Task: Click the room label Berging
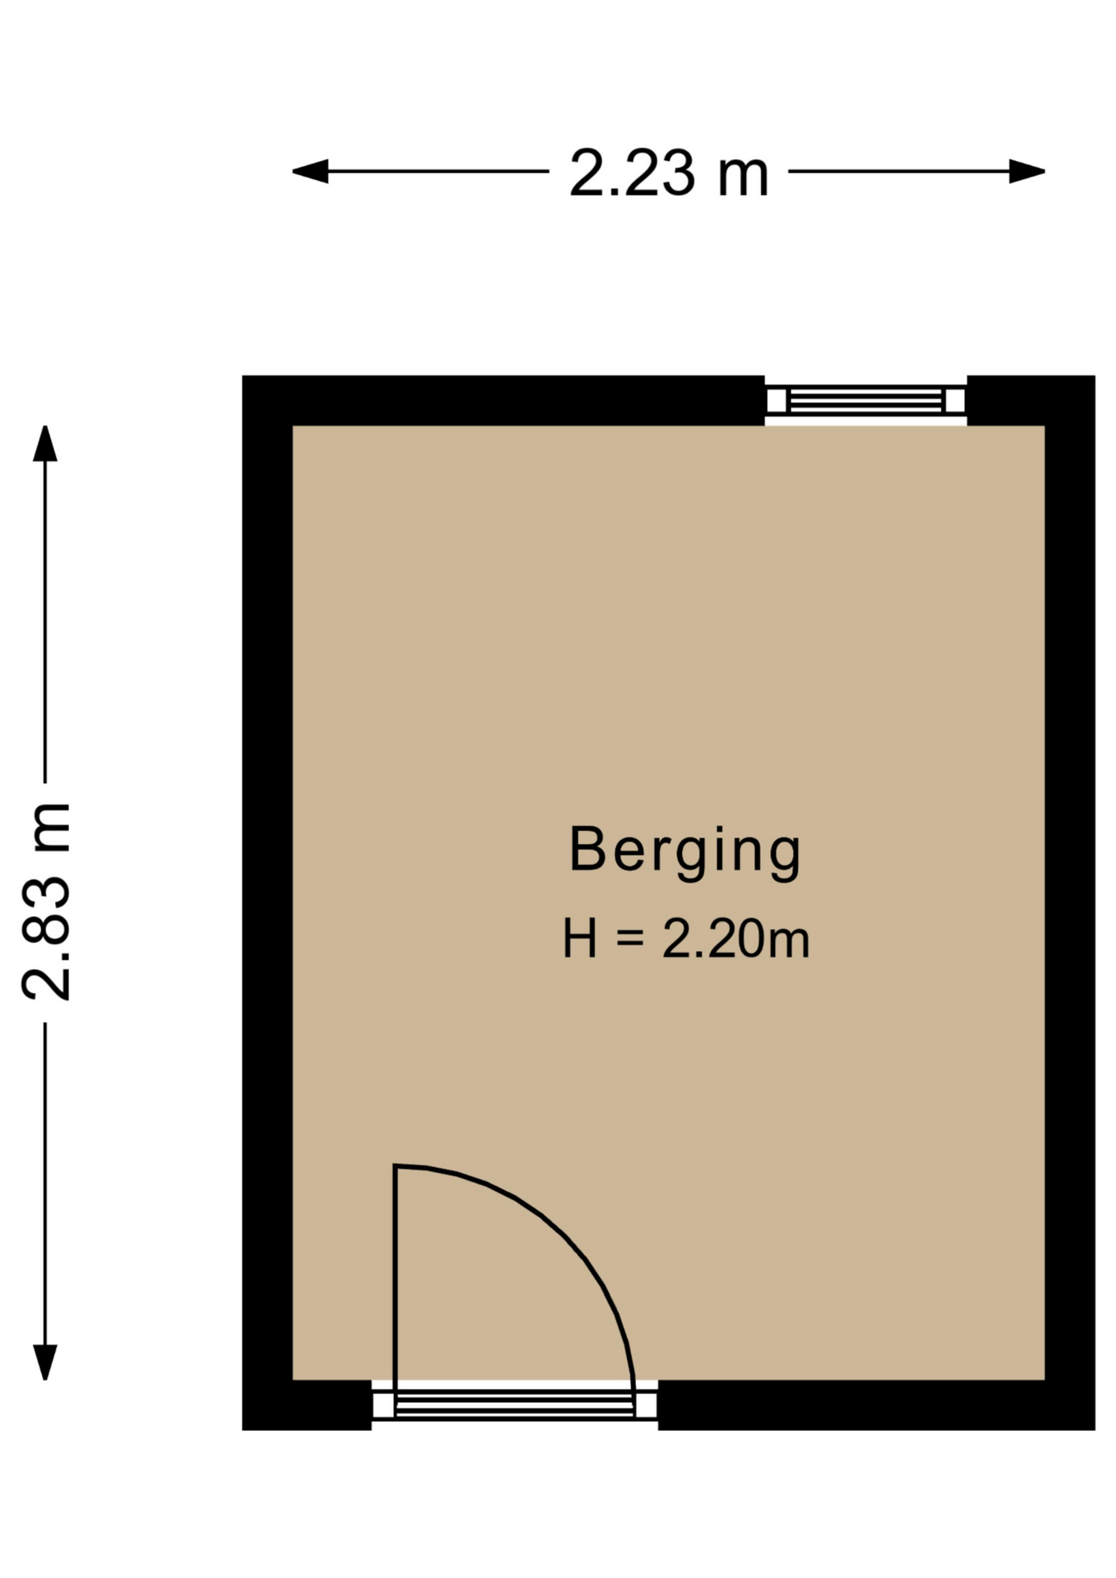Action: click(685, 851)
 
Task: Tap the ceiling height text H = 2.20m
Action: click(686, 939)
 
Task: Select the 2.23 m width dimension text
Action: click(669, 173)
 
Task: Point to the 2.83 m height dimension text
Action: click(47, 902)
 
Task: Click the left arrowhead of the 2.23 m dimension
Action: click(311, 172)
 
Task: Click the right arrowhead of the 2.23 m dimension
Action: click(1027, 172)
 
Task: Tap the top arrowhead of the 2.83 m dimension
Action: click(45, 444)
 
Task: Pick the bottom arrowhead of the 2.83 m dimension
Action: click(45, 1362)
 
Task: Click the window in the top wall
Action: click(865, 401)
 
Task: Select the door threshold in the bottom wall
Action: click(514, 1405)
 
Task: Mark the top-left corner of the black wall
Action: click(242, 376)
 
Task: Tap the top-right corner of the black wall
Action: click(1095, 376)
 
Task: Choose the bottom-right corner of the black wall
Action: click(1095, 1429)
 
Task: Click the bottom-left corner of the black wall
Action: click(242, 1429)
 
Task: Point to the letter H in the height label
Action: click(579, 939)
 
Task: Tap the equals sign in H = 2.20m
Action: click(629, 939)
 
